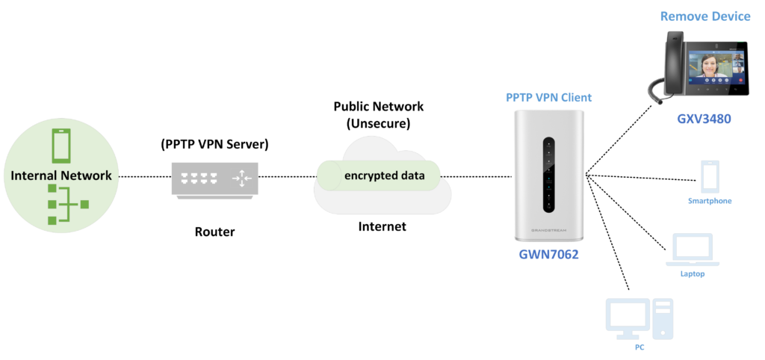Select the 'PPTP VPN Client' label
549,98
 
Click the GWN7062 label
549,253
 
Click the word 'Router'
214,232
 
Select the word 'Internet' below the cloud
382,226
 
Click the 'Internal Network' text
61,176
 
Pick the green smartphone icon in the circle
61,146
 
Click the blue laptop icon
692,249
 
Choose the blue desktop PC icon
639,318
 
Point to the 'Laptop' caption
692,274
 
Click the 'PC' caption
639,347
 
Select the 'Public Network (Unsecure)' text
378,114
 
